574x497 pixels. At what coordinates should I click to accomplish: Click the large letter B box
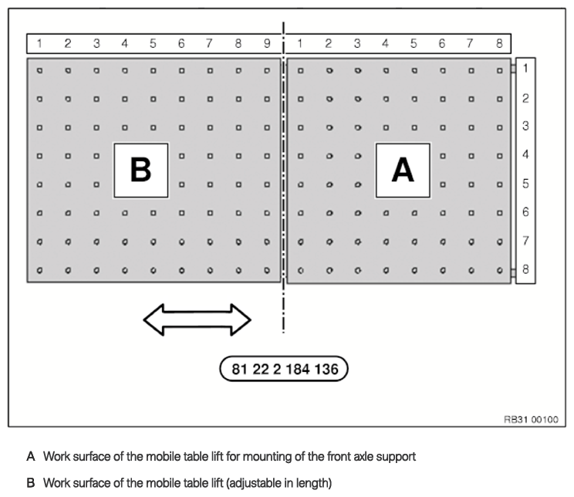[140, 170]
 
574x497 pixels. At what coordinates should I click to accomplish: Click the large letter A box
[403, 170]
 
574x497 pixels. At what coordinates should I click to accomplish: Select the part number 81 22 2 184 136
[285, 369]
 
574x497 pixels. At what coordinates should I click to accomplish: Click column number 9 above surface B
[266, 43]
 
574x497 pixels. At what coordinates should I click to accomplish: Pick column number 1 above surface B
[39, 43]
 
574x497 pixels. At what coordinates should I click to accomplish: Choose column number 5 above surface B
[153, 43]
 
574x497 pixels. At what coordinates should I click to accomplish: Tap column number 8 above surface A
[499, 43]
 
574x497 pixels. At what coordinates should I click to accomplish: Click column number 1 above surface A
[299, 43]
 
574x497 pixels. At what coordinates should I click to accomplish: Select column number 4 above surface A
[385, 43]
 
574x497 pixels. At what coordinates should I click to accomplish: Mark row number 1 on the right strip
[525, 69]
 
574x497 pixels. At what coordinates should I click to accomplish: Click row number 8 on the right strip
[525, 270]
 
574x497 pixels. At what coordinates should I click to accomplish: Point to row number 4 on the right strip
[525, 155]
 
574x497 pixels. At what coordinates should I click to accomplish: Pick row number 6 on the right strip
[525, 212]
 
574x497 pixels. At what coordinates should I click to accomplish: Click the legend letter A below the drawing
[31, 457]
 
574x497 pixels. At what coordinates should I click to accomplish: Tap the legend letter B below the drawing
[31, 483]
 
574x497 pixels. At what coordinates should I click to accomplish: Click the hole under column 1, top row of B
[39, 70]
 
